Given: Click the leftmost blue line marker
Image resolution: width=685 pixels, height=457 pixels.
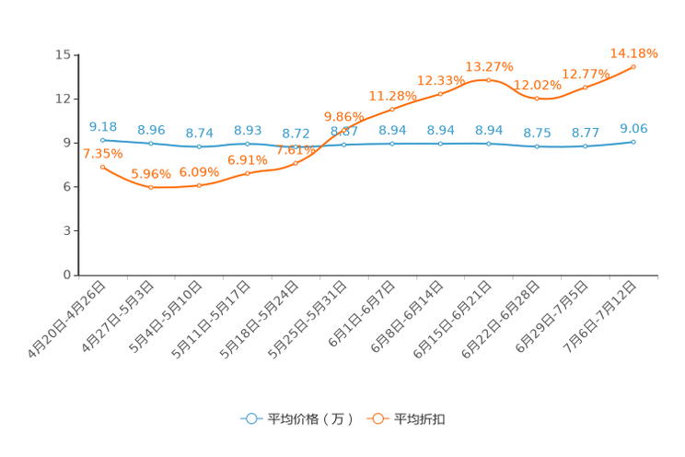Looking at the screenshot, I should (x=103, y=140).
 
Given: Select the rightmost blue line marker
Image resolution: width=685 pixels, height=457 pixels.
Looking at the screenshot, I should (x=633, y=142).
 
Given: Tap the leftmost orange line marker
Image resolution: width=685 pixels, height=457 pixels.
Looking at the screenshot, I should (x=103, y=167).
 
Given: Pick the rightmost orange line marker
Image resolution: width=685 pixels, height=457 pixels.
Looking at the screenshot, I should (x=633, y=66).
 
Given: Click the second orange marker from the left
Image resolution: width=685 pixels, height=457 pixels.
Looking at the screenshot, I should (x=151, y=187).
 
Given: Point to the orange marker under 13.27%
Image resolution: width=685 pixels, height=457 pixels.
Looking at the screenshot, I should (x=488, y=79).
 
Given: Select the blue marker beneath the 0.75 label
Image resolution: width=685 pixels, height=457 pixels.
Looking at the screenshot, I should (x=537, y=146).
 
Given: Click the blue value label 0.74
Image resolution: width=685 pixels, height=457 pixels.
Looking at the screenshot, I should (x=199, y=133).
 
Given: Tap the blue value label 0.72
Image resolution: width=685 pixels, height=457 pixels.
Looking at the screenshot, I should (x=296, y=134).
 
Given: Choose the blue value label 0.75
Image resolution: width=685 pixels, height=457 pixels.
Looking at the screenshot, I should (x=537, y=133).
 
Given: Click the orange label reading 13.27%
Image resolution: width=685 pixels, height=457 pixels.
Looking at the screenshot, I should (x=488, y=65).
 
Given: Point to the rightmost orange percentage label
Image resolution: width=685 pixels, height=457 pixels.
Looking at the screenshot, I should (x=634, y=53).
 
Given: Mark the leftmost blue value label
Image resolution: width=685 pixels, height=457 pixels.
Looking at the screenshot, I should (x=103, y=126).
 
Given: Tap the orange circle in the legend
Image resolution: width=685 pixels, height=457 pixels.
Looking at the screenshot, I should (x=377, y=418).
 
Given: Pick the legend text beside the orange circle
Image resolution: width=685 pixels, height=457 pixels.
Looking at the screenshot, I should (x=421, y=419).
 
